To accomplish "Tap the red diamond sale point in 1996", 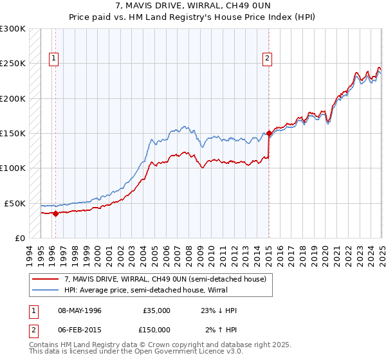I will click(55, 213).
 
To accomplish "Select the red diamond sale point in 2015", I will click(269, 134).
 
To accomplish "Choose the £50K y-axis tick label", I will click(15, 203).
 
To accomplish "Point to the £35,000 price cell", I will click(156, 310).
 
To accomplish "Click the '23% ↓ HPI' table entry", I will click(219, 310).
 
